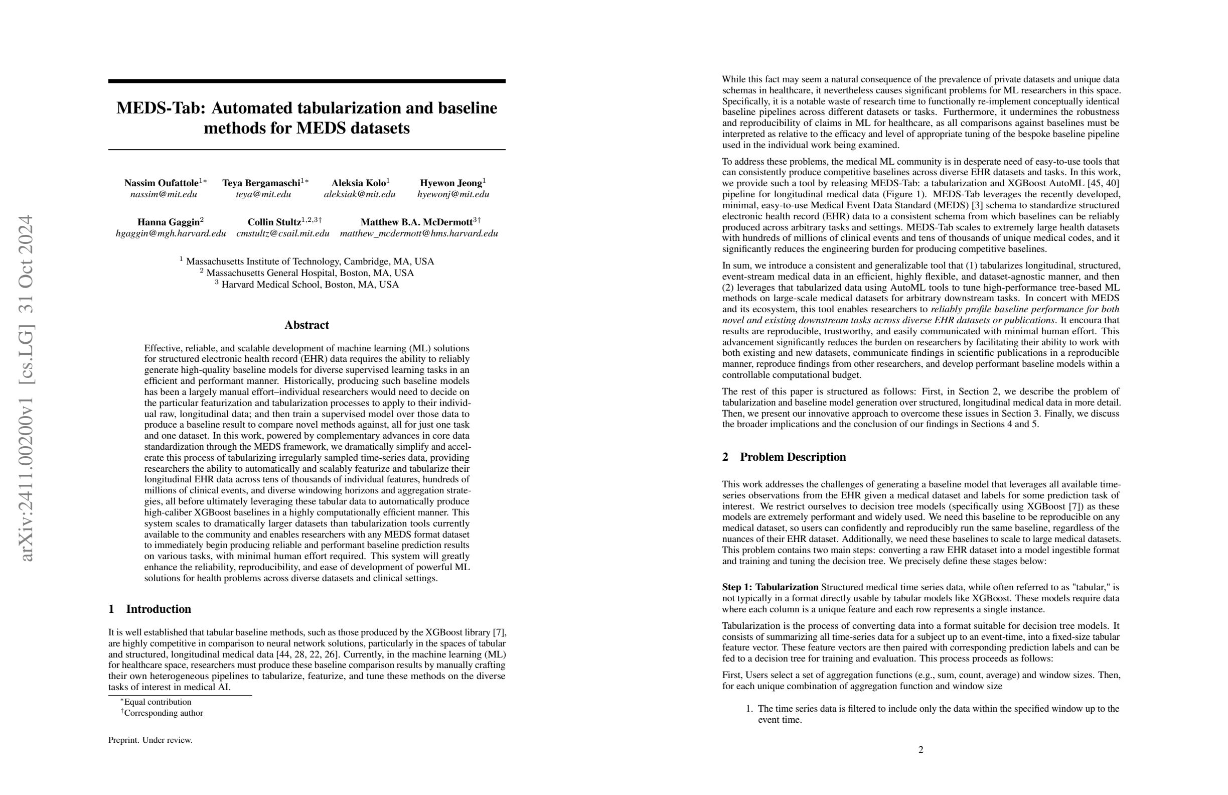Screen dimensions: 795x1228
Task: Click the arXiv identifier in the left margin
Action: (26, 387)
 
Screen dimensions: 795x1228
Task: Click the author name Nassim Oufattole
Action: (161, 183)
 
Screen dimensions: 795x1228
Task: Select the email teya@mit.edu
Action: (263, 195)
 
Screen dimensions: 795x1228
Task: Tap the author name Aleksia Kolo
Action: (359, 183)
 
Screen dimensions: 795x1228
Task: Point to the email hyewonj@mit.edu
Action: (453, 195)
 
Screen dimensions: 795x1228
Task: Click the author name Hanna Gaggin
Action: (168, 222)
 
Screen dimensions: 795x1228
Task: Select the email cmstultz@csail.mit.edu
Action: (283, 233)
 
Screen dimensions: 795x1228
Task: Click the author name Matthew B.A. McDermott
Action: (416, 222)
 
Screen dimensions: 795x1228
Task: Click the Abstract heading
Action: (306, 325)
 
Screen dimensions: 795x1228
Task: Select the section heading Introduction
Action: (159, 609)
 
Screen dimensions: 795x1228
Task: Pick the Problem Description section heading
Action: (793, 457)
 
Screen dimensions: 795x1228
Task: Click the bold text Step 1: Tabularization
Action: (770, 587)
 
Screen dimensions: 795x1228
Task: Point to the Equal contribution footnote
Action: (158, 702)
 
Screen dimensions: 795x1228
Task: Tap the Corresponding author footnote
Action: (163, 713)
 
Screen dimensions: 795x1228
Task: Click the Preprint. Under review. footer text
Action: (150, 740)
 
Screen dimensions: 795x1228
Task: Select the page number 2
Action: (921, 749)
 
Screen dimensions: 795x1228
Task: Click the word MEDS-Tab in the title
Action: (161, 108)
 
